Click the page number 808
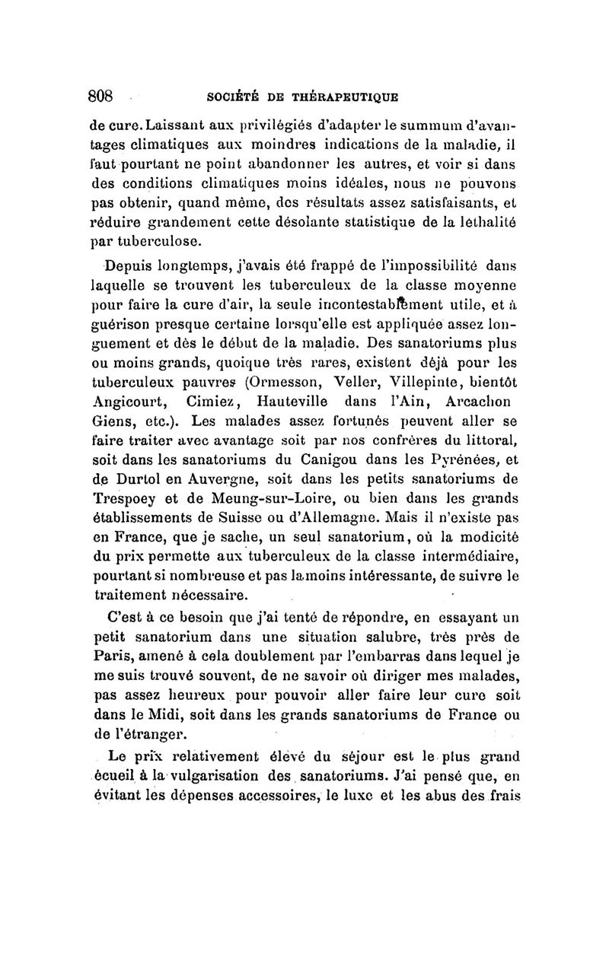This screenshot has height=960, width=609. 100,96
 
